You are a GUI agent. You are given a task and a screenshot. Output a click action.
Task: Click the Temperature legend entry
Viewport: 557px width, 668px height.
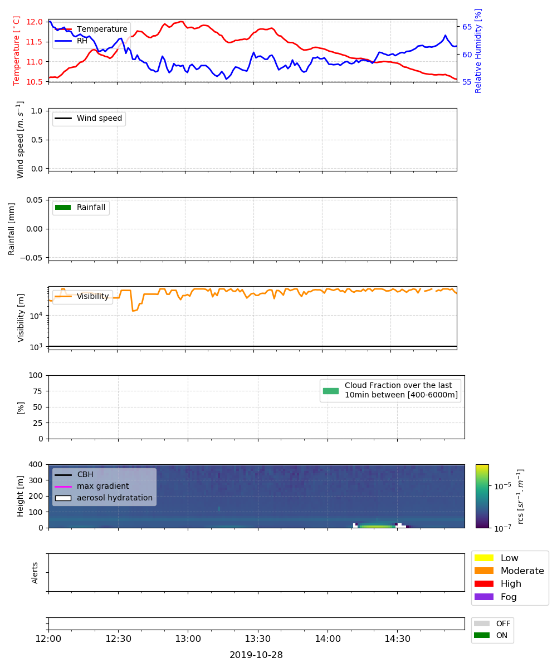click(x=91, y=29)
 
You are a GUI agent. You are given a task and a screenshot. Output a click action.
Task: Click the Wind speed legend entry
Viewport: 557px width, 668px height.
click(x=89, y=118)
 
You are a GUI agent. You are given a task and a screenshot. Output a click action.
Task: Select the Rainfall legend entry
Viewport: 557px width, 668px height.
click(x=80, y=207)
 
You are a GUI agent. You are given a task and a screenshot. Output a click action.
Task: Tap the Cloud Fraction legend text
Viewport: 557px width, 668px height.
click(x=401, y=390)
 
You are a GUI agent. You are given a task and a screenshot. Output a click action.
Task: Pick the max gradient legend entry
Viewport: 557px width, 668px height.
click(x=92, y=486)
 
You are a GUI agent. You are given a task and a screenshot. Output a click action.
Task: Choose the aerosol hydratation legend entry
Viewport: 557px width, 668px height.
click(x=104, y=498)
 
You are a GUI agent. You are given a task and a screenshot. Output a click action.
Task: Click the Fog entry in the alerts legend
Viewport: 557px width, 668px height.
click(x=495, y=597)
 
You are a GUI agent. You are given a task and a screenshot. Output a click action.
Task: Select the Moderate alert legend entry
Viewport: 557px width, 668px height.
click(x=509, y=571)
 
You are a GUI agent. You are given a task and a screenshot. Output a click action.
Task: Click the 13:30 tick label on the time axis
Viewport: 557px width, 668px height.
click(x=258, y=639)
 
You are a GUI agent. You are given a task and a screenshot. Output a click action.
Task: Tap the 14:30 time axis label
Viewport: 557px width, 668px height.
click(x=397, y=639)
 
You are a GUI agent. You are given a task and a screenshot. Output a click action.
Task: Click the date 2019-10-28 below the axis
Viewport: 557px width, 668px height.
click(x=256, y=655)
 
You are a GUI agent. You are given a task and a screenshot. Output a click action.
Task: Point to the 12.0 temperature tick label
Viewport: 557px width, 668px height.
click(x=34, y=22)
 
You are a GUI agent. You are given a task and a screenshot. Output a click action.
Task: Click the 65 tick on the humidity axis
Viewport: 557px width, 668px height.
click(x=467, y=27)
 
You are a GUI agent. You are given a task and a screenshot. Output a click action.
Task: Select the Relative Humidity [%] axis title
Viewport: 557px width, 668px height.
click(x=478, y=51)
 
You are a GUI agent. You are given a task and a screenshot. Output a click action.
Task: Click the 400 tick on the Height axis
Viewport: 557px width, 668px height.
click(x=35, y=464)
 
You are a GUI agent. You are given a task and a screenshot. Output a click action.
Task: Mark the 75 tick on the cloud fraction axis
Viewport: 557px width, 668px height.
click(x=37, y=391)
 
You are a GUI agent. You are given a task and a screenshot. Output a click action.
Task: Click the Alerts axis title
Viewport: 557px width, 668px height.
click(x=35, y=573)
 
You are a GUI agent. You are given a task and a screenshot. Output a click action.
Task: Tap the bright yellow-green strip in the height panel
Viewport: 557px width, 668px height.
click(x=377, y=526)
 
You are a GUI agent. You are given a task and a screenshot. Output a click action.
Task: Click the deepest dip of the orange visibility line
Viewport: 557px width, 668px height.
click(x=133, y=311)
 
